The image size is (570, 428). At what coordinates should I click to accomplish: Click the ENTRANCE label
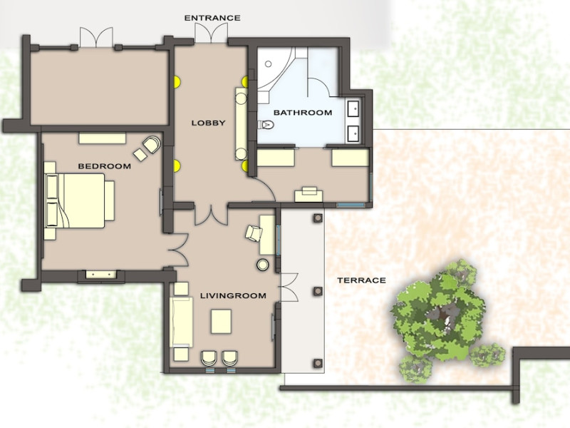pos(212,18)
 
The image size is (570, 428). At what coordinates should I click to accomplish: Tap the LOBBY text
pos(208,123)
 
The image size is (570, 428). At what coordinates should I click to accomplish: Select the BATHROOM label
pos(303,113)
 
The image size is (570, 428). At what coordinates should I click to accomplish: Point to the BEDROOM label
pos(104,166)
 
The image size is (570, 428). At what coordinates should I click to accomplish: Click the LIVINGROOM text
pos(233,295)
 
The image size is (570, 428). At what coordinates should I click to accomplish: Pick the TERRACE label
pos(361,280)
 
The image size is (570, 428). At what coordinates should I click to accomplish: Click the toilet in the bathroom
pos(266,125)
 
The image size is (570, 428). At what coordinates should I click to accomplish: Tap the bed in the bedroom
pos(79,201)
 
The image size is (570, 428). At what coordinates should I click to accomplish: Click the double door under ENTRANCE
pos(211,34)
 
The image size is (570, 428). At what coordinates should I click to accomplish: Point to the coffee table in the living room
pos(221,322)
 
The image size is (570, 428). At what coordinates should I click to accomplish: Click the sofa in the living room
pos(181,322)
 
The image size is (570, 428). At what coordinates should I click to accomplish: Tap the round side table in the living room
pos(263,265)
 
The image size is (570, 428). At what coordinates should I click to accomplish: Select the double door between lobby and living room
pos(211,215)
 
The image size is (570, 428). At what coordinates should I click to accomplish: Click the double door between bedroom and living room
pos(178,250)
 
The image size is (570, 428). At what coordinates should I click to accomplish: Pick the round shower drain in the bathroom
pos(269,64)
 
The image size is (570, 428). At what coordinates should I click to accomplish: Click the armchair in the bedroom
pos(152,144)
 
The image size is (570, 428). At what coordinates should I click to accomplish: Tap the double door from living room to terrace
pos(289,287)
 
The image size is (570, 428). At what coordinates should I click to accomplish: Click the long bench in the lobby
pos(241,123)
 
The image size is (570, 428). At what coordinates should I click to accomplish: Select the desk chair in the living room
pos(254,233)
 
